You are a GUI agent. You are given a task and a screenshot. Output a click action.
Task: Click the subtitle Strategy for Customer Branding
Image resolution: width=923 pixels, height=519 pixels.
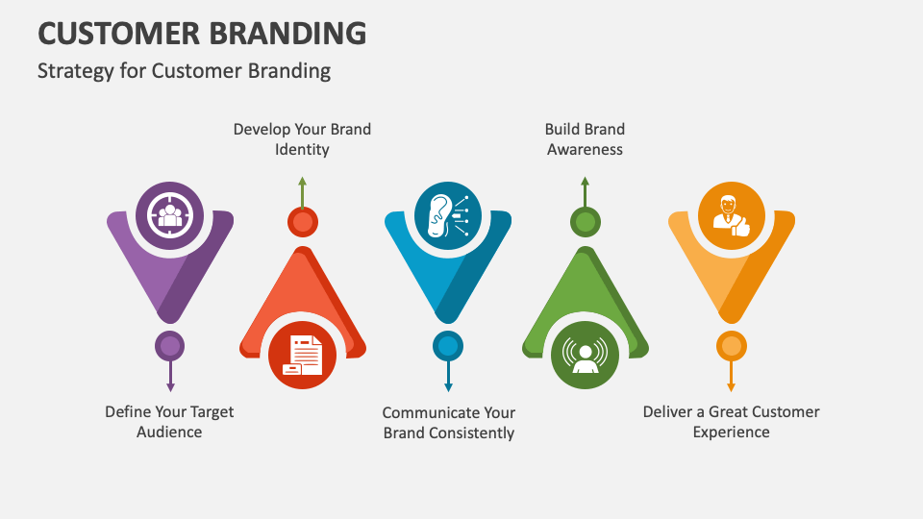(184, 71)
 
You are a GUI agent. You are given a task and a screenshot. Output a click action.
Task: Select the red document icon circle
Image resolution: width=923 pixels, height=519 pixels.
(303, 355)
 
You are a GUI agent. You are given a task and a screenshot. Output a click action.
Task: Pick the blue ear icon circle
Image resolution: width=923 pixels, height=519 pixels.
(447, 215)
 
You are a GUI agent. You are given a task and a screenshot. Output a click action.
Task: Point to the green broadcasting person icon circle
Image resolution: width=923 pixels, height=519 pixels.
(585, 355)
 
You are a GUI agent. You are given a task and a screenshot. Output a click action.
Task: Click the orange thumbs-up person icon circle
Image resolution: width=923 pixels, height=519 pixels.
(731, 215)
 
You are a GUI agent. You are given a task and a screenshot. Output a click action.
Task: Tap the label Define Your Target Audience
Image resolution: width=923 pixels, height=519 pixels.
(169, 422)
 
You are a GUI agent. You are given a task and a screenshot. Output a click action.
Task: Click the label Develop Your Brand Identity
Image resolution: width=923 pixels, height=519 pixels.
(302, 139)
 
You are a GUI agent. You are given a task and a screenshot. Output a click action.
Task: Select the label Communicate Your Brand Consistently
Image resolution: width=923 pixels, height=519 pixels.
(449, 423)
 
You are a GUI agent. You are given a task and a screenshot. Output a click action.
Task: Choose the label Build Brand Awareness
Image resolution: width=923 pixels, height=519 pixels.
(585, 139)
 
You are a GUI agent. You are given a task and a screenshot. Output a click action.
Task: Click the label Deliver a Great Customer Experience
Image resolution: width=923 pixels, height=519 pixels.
(732, 422)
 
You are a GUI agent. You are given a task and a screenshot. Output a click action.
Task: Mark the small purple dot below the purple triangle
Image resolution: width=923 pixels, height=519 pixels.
(170, 346)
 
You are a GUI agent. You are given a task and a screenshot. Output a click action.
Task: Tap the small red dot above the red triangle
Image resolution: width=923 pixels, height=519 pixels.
(302, 223)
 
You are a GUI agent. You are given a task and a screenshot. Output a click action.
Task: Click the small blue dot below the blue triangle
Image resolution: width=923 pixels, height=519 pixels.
(447, 346)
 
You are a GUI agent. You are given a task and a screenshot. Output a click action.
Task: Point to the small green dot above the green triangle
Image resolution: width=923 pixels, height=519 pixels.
(585, 223)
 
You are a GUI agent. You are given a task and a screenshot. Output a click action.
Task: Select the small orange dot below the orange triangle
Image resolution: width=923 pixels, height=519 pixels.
(731, 346)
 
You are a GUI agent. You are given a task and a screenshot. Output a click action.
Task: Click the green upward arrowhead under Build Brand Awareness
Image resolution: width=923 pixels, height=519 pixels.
(585, 182)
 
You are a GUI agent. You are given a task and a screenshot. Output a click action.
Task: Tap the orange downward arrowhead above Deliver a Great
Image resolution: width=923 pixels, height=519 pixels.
(731, 386)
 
